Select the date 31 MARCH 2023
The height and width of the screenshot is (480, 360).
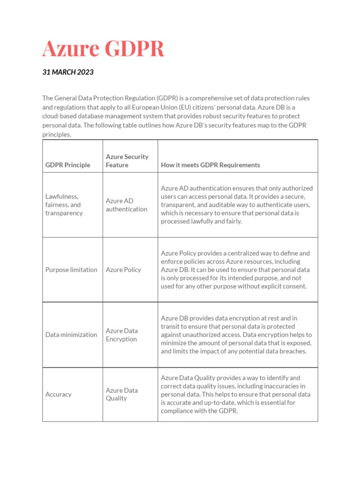[68, 72]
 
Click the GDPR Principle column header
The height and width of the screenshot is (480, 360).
[68, 165]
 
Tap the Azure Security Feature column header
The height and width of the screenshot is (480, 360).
[127, 161]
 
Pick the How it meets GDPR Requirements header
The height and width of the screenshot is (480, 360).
[210, 165]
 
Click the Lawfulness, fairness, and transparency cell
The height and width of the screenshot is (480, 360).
[64, 205]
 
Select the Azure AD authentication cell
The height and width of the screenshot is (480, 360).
[127, 205]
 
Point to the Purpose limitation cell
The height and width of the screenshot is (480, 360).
[71, 270]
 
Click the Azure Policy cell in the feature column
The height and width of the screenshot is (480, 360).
[123, 270]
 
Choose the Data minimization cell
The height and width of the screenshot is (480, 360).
[71, 335]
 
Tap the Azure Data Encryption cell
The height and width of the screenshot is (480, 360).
[122, 335]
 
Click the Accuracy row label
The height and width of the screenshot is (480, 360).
[59, 394]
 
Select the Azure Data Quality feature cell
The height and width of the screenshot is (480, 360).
[122, 394]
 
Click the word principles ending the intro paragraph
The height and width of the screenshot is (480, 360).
[57, 135]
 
